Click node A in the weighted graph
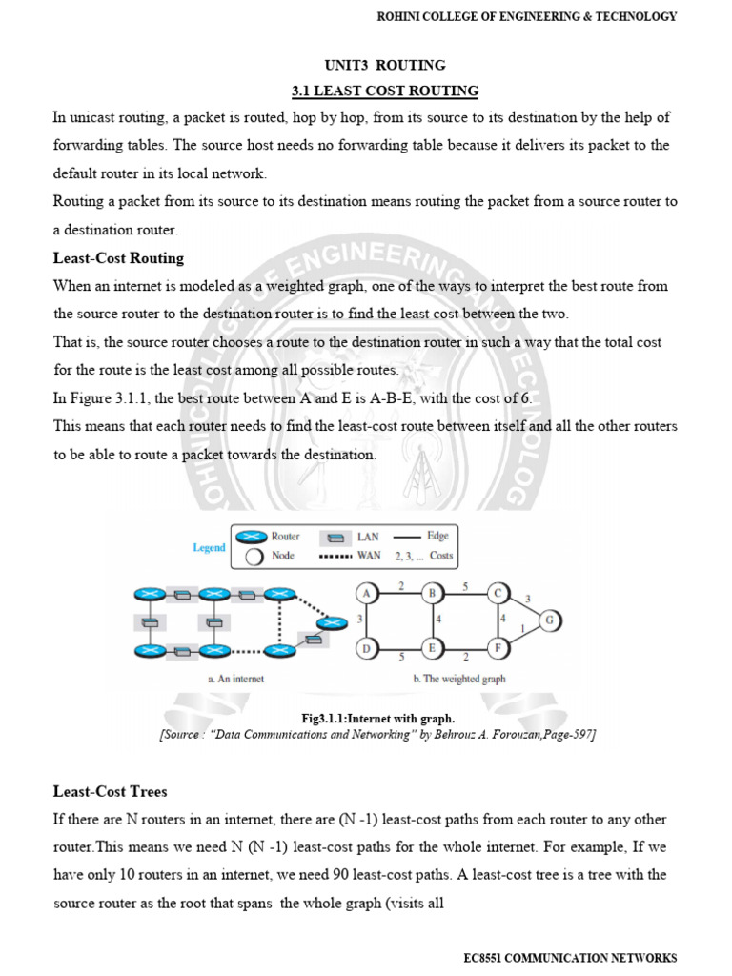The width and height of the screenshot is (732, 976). [367, 593]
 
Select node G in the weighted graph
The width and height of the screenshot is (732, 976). [550, 620]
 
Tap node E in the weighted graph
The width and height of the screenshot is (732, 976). [432, 648]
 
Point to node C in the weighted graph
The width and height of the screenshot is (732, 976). [498, 593]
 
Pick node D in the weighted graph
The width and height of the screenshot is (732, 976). [367, 648]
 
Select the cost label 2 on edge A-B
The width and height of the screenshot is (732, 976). [400, 583]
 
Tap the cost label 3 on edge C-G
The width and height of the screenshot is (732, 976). [528, 599]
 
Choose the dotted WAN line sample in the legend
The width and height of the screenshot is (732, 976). [330, 556]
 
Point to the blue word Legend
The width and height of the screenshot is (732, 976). [209, 547]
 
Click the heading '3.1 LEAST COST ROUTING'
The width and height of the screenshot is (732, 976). [384, 91]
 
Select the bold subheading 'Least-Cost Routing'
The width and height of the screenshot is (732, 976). [119, 258]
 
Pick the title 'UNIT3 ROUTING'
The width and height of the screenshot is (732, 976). [385, 66]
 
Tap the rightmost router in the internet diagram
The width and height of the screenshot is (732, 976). [332, 622]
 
